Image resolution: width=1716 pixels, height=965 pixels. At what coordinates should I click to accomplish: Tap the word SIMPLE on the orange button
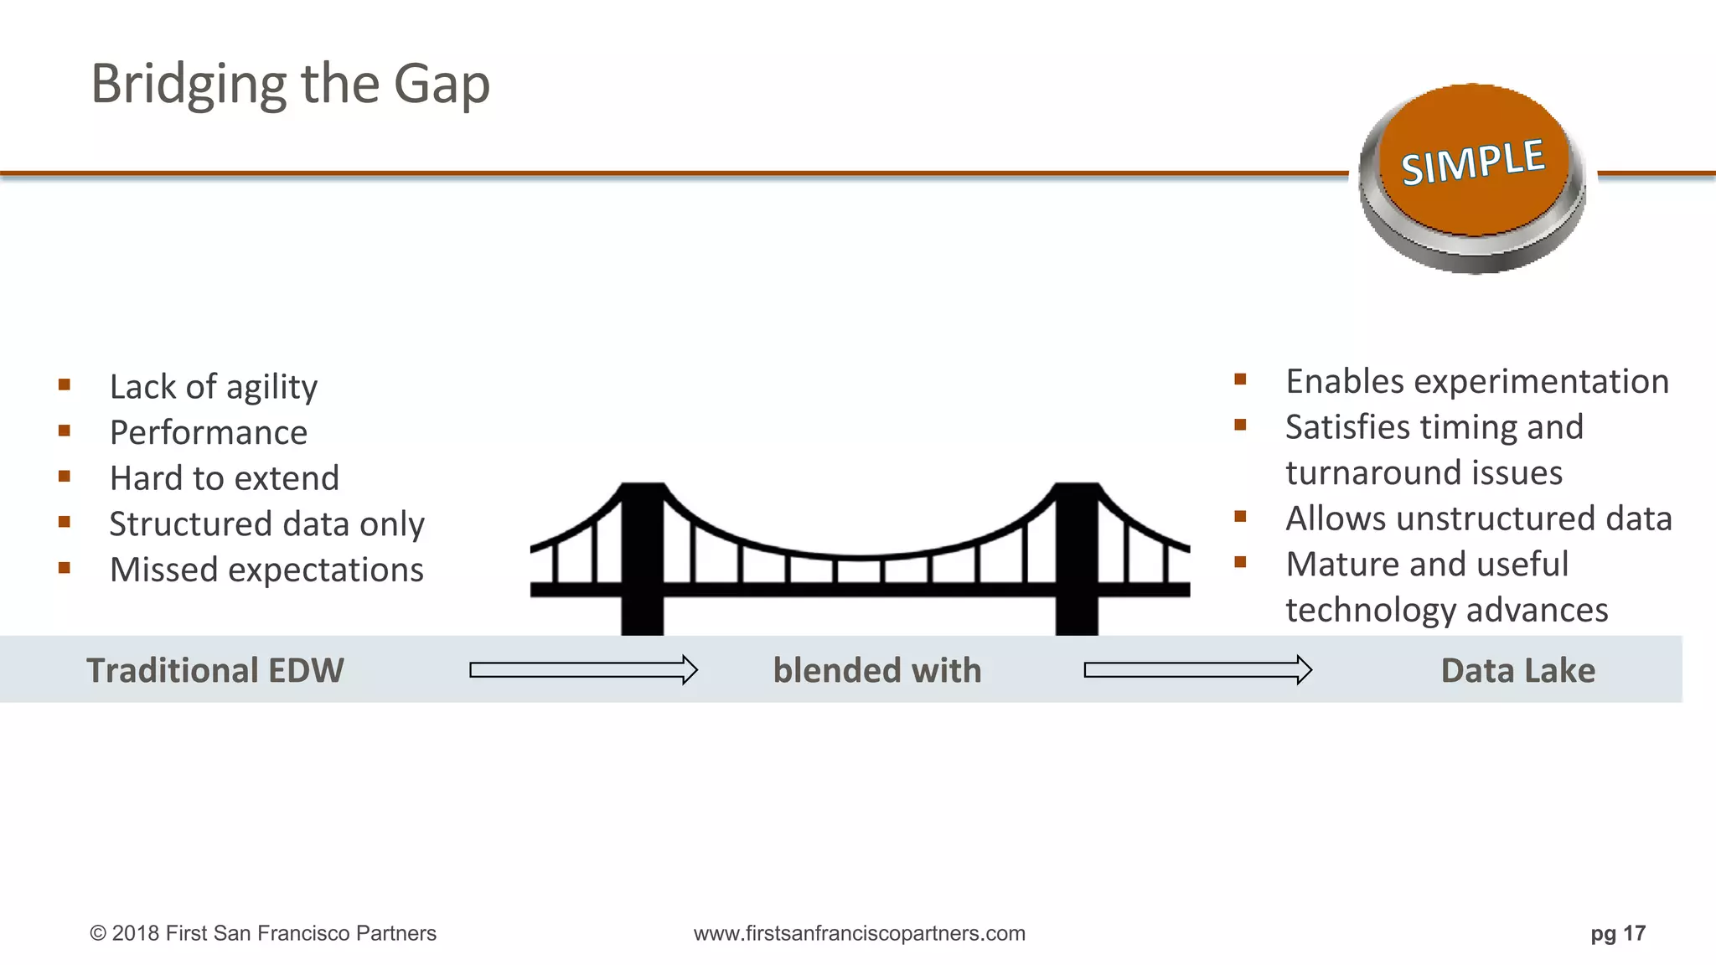[1473, 163]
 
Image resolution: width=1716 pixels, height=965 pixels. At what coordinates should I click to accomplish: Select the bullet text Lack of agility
[214, 387]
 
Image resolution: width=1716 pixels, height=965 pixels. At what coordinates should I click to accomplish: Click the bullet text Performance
[209, 433]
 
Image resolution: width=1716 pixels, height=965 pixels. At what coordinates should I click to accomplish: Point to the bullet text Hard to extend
[225, 478]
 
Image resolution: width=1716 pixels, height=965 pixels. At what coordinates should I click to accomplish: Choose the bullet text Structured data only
[266, 524]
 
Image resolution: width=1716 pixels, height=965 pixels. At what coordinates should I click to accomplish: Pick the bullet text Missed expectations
[266, 570]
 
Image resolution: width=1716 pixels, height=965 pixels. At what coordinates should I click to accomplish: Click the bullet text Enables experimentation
[1477, 382]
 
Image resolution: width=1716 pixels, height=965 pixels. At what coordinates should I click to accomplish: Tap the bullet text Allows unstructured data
[1479, 519]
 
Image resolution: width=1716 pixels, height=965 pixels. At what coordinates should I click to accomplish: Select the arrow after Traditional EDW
[583, 670]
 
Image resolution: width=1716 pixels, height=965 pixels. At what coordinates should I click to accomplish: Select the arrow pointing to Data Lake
[1197, 670]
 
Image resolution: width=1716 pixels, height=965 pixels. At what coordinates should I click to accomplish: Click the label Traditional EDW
[215, 671]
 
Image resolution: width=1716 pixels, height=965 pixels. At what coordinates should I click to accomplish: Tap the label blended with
[877, 671]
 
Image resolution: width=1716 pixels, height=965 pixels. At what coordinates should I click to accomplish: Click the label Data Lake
[1517, 671]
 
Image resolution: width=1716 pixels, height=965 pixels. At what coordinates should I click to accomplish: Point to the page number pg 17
[1618, 933]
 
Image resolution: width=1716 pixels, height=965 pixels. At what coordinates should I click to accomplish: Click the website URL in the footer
[859, 933]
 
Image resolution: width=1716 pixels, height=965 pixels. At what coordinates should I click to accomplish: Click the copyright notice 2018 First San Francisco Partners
[263, 933]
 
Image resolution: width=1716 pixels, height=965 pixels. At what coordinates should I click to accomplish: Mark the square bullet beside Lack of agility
[65, 385]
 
